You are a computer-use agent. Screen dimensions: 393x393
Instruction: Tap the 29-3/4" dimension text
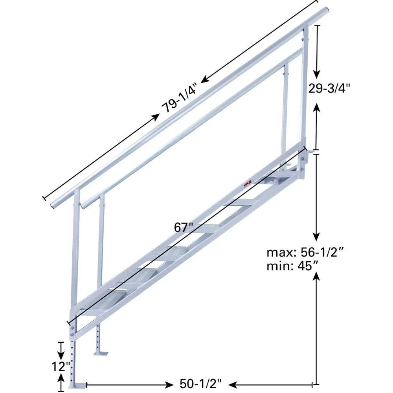click(329, 88)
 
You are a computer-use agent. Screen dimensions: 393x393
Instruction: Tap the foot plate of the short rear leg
click(101, 353)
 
